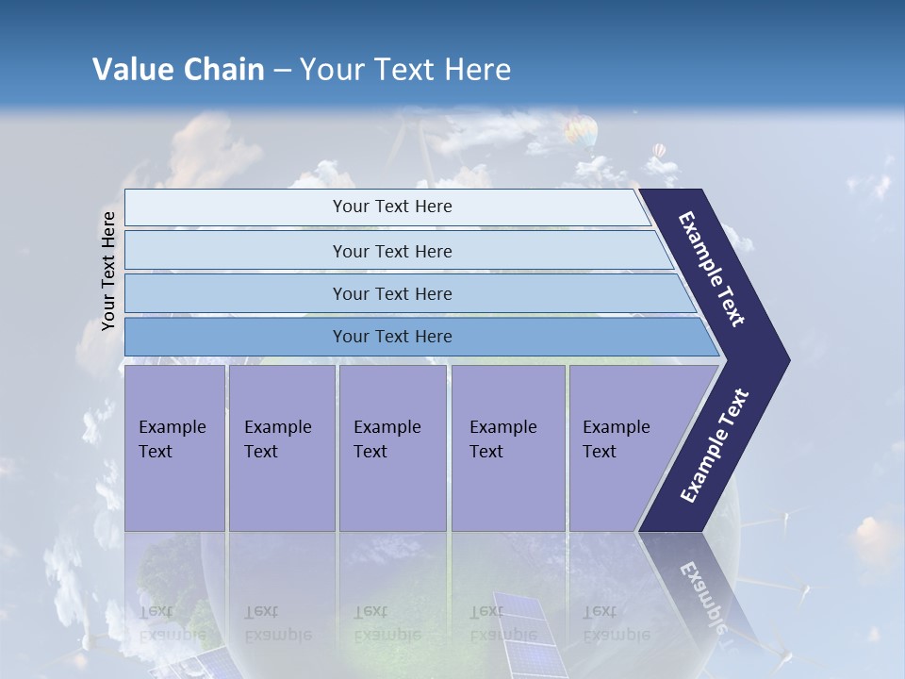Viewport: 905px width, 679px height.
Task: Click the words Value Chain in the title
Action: tap(178, 70)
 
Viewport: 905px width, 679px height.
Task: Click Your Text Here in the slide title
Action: tap(405, 70)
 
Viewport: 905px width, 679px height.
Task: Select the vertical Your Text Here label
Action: tap(108, 271)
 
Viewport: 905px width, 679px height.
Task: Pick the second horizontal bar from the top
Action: tap(391, 251)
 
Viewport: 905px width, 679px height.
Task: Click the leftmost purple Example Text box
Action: tap(174, 448)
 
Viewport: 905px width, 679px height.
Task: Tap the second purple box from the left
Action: tap(281, 448)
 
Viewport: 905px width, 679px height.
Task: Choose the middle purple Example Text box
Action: tap(392, 448)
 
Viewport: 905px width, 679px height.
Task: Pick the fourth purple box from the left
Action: tap(508, 448)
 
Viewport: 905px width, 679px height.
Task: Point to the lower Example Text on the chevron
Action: tap(714, 446)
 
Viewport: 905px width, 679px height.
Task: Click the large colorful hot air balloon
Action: tap(582, 131)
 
